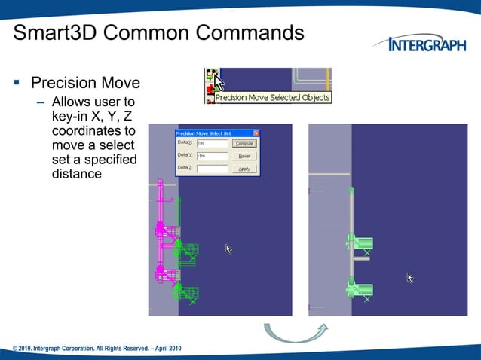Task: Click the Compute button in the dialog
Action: point(244,143)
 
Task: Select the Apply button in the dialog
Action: point(244,169)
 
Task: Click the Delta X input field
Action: point(212,143)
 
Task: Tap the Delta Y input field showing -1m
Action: point(212,156)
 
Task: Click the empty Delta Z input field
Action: point(212,169)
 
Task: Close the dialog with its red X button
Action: point(256,133)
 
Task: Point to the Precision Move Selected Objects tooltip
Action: point(272,98)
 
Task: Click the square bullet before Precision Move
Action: point(17,83)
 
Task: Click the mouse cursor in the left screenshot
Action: point(228,249)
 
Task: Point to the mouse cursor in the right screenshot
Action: point(410,278)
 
